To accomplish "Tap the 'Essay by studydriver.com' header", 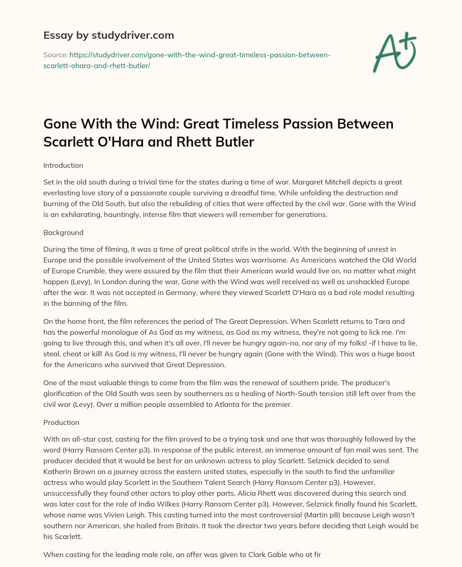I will point(108,35).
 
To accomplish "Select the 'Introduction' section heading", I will point(63,165).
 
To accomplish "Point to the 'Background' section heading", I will point(63,232).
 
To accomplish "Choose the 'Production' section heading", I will point(61,422).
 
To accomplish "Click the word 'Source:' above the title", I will point(55,55).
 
